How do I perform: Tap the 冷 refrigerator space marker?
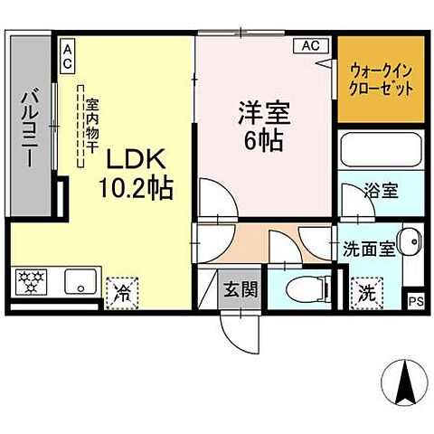pyautogui.click(x=119, y=291)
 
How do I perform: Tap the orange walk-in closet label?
pyautogui.click(x=382, y=81)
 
